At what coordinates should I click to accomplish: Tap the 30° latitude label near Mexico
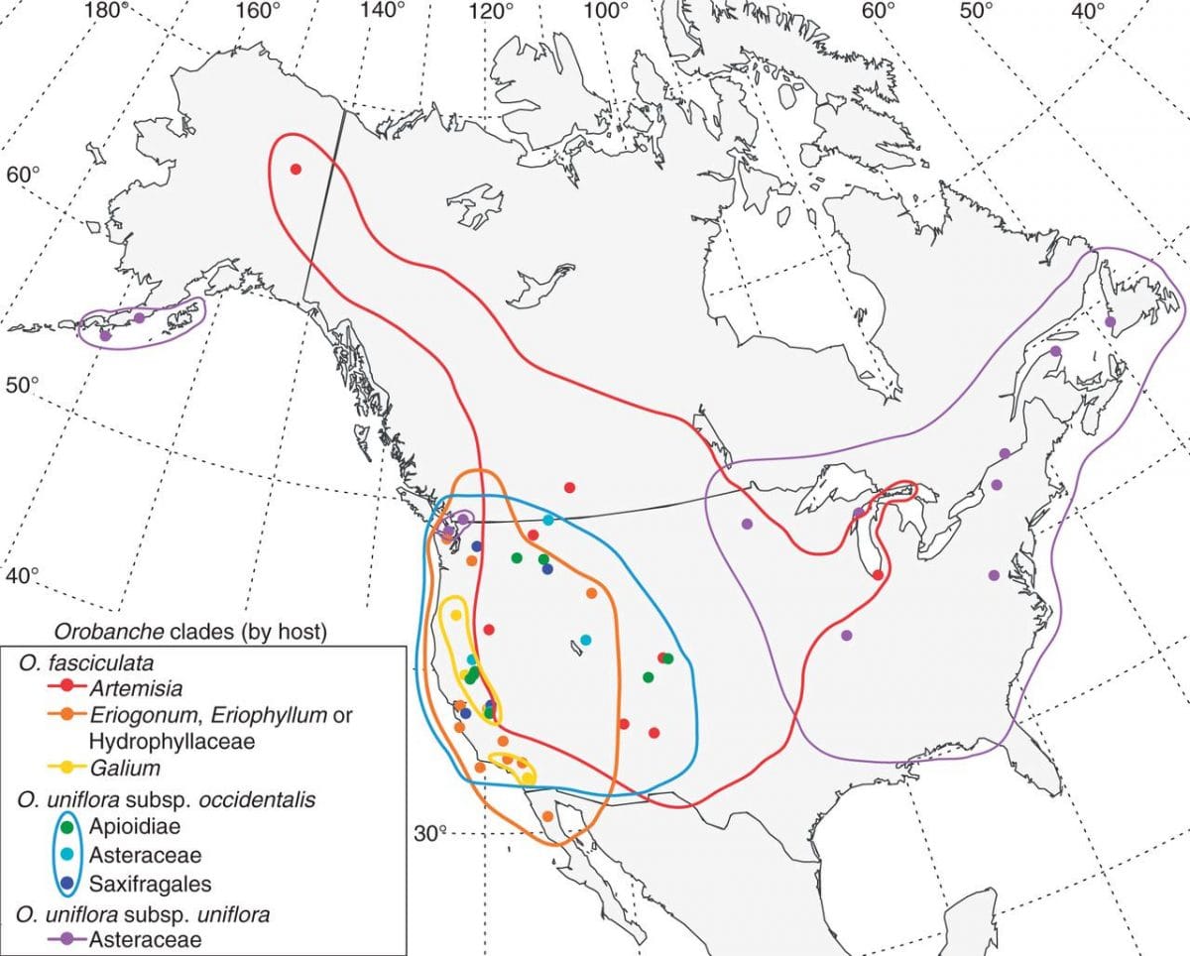430,833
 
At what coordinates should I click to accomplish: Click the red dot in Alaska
295,169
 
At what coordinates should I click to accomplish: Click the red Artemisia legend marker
66,686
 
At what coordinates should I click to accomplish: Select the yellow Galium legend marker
66,768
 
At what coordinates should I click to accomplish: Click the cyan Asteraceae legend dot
66,853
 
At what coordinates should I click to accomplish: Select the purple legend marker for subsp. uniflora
66,938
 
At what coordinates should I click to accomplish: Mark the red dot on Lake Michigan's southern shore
878,575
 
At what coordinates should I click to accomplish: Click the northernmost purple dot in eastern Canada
1110,321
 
